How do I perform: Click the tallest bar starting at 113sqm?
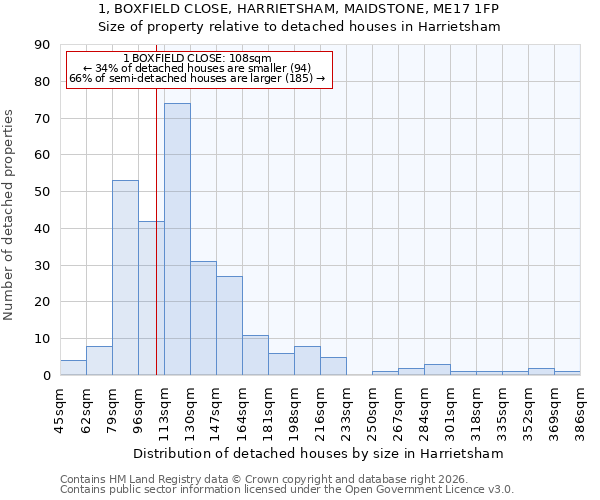177,240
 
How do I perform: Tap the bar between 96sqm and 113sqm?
151,298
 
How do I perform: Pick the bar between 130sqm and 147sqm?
203,318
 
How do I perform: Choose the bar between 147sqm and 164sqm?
229,326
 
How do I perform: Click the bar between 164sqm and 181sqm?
255,355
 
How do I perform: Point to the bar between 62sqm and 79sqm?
99,361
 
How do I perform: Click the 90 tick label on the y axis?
42,45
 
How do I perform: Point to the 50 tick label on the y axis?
42,192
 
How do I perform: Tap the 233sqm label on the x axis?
346,409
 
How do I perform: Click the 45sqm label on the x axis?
60,409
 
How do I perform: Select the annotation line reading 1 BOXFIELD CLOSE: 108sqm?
197,58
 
